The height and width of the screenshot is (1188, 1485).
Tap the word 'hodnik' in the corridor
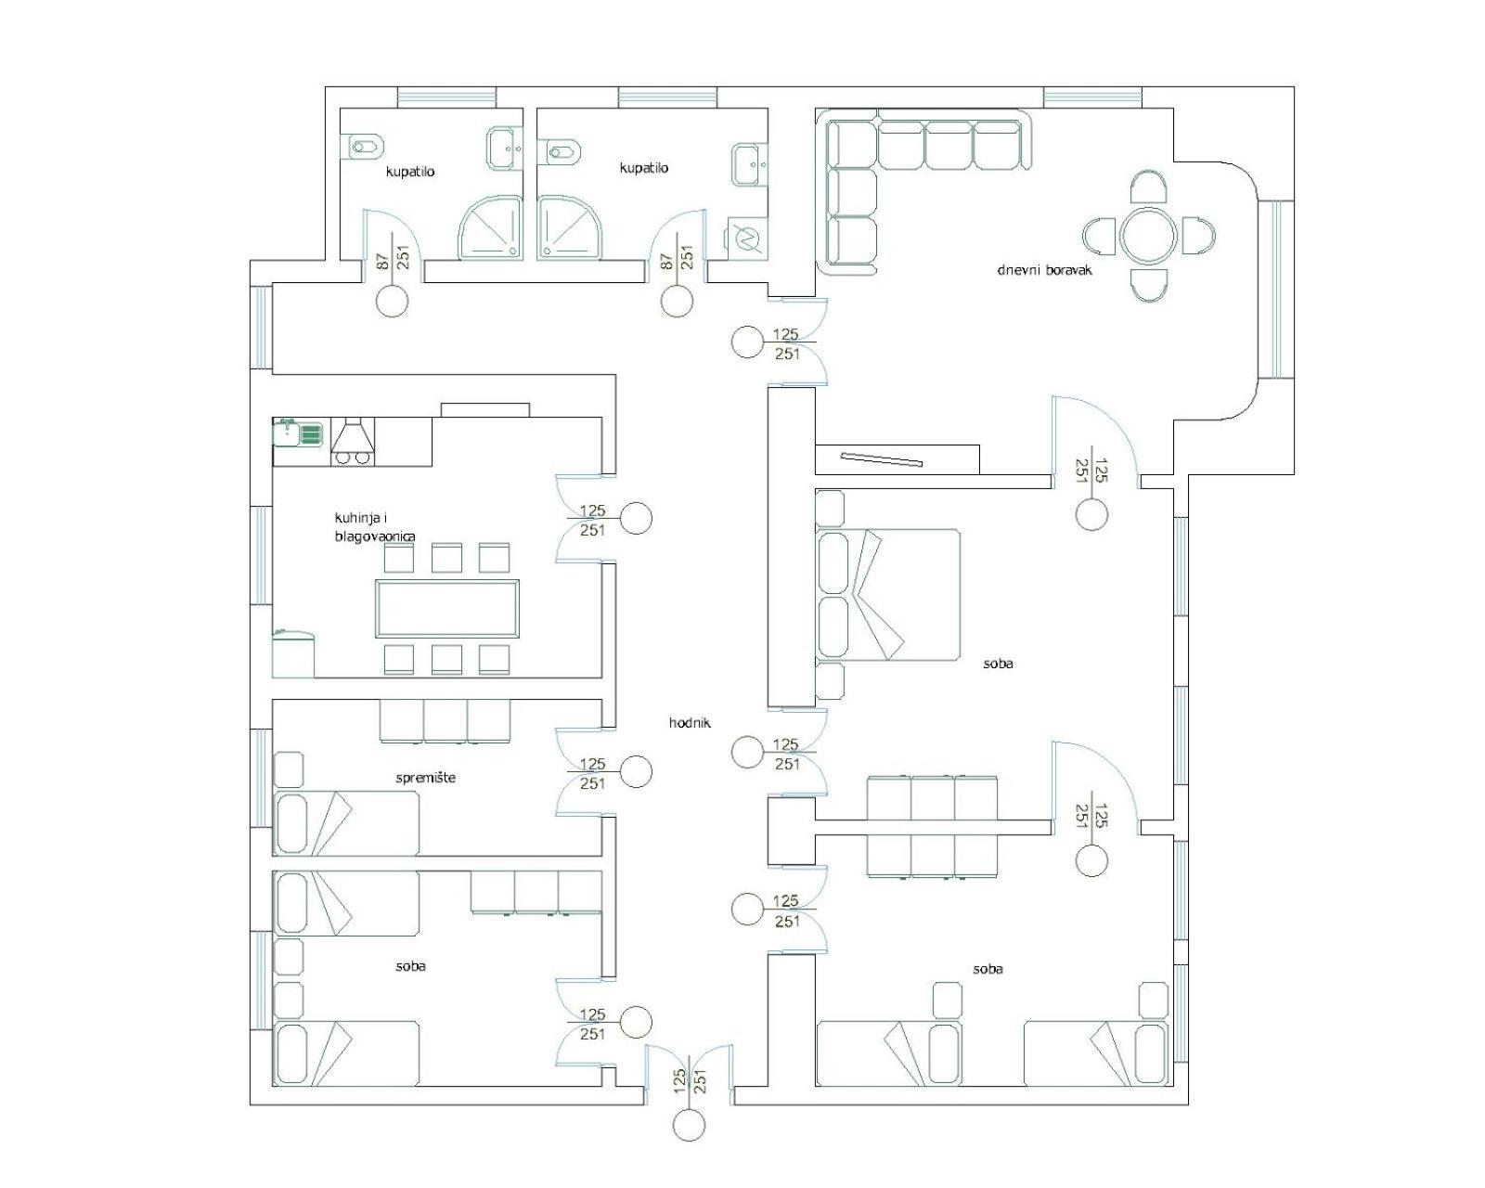(x=690, y=723)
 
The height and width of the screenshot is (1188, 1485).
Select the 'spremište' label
(x=425, y=778)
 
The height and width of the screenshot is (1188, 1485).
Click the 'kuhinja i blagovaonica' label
(x=375, y=526)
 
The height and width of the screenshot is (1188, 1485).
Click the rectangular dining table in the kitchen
(x=446, y=608)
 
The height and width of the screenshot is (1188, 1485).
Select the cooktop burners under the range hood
(x=353, y=457)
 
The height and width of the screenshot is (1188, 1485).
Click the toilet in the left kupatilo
(x=368, y=147)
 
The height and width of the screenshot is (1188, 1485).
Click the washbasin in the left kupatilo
(x=506, y=148)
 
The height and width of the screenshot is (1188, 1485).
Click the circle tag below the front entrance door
(x=690, y=1124)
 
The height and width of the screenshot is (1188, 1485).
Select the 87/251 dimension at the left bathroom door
(x=394, y=257)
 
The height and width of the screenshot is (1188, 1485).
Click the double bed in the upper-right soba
(x=888, y=596)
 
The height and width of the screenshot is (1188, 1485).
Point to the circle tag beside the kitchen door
(x=636, y=518)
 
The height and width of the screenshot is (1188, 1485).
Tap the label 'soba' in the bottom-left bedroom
(x=410, y=966)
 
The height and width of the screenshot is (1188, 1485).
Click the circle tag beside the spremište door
(x=636, y=771)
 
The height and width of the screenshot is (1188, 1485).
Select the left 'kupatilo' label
(x=410, y=172)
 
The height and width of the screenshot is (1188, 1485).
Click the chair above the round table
(x=1149, y=187)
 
